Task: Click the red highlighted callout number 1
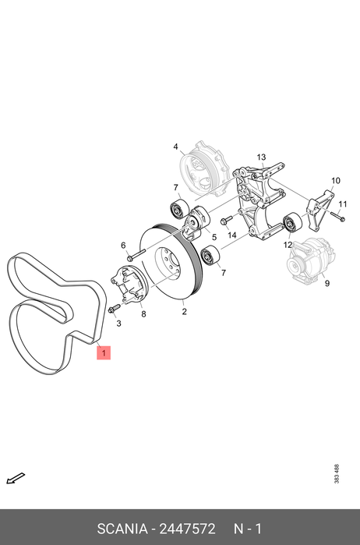coord(104,352)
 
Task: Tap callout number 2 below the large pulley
coord(184,311)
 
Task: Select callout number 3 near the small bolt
coord(119,324)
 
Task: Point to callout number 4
coord(176,147)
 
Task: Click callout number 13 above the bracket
coord(261,157)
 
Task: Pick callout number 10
coord(336,180)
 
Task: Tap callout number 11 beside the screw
coord(343,204)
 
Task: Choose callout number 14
coord(232,235)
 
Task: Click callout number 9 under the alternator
coord(327,283)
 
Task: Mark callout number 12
coord(288,245)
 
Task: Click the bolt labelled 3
coord(114,308)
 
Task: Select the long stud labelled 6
coord(137,255)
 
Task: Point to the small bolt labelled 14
coord(226,220)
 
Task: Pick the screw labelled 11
coord(338,216)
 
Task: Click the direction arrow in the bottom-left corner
coord(16,478)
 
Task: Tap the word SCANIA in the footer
coord(122,529)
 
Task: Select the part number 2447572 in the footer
coord(187,529)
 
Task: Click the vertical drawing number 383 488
coord(337,474)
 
